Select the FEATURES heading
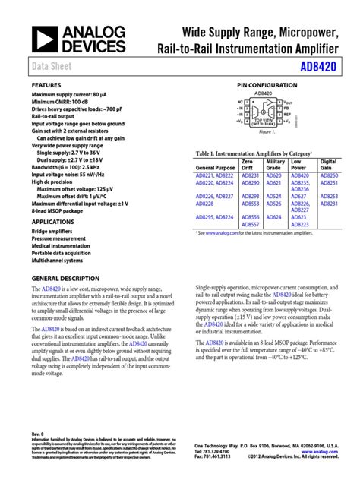click(46, 85)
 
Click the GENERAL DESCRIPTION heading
click(65, 279)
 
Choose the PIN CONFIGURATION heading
click(264, 85)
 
